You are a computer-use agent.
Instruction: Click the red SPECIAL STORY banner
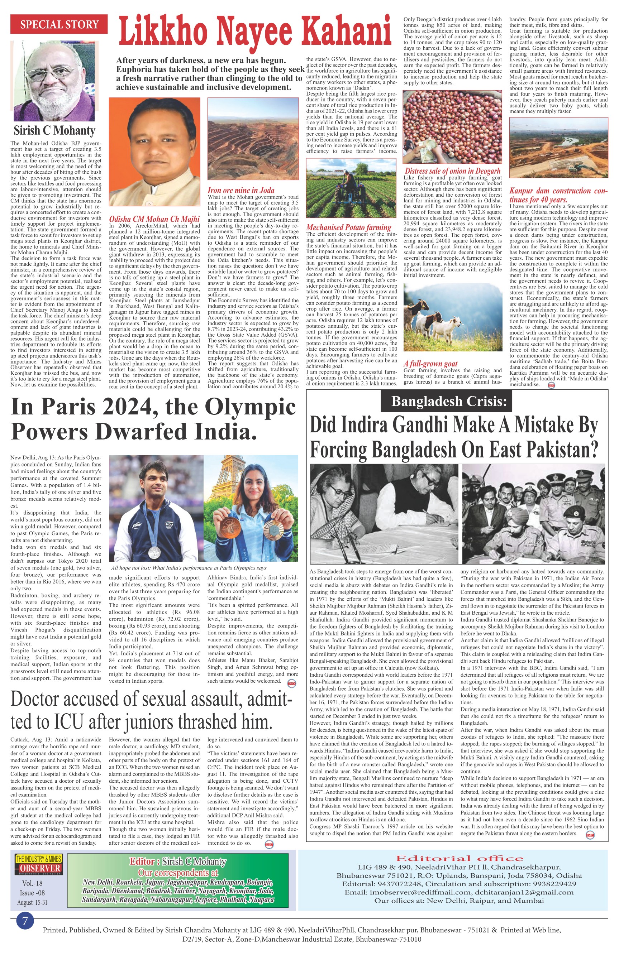(x=59, y=24)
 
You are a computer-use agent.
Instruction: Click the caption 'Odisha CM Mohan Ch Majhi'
(x=154, y=219)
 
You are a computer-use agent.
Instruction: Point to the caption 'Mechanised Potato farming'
(x=349, y=227)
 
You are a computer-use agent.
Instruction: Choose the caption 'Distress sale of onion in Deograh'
(x=453, y=171)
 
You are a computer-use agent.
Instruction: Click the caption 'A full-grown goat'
(x=430, y=364)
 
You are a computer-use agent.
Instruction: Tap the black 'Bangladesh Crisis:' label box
(x=449, y=401)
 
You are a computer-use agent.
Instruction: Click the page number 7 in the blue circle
(x=25, y=920)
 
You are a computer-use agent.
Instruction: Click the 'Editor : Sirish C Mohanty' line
(x=178, y=861)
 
